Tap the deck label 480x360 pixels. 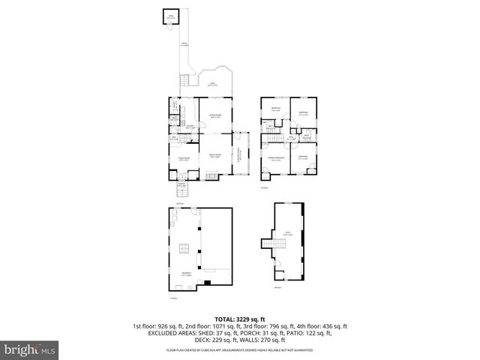point(212,84)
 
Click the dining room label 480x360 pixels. point(214,115)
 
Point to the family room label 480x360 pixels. point(214,156)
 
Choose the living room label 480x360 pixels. point(182,159)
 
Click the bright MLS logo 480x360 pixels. point(30,349)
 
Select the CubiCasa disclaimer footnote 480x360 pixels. point(240,349)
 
